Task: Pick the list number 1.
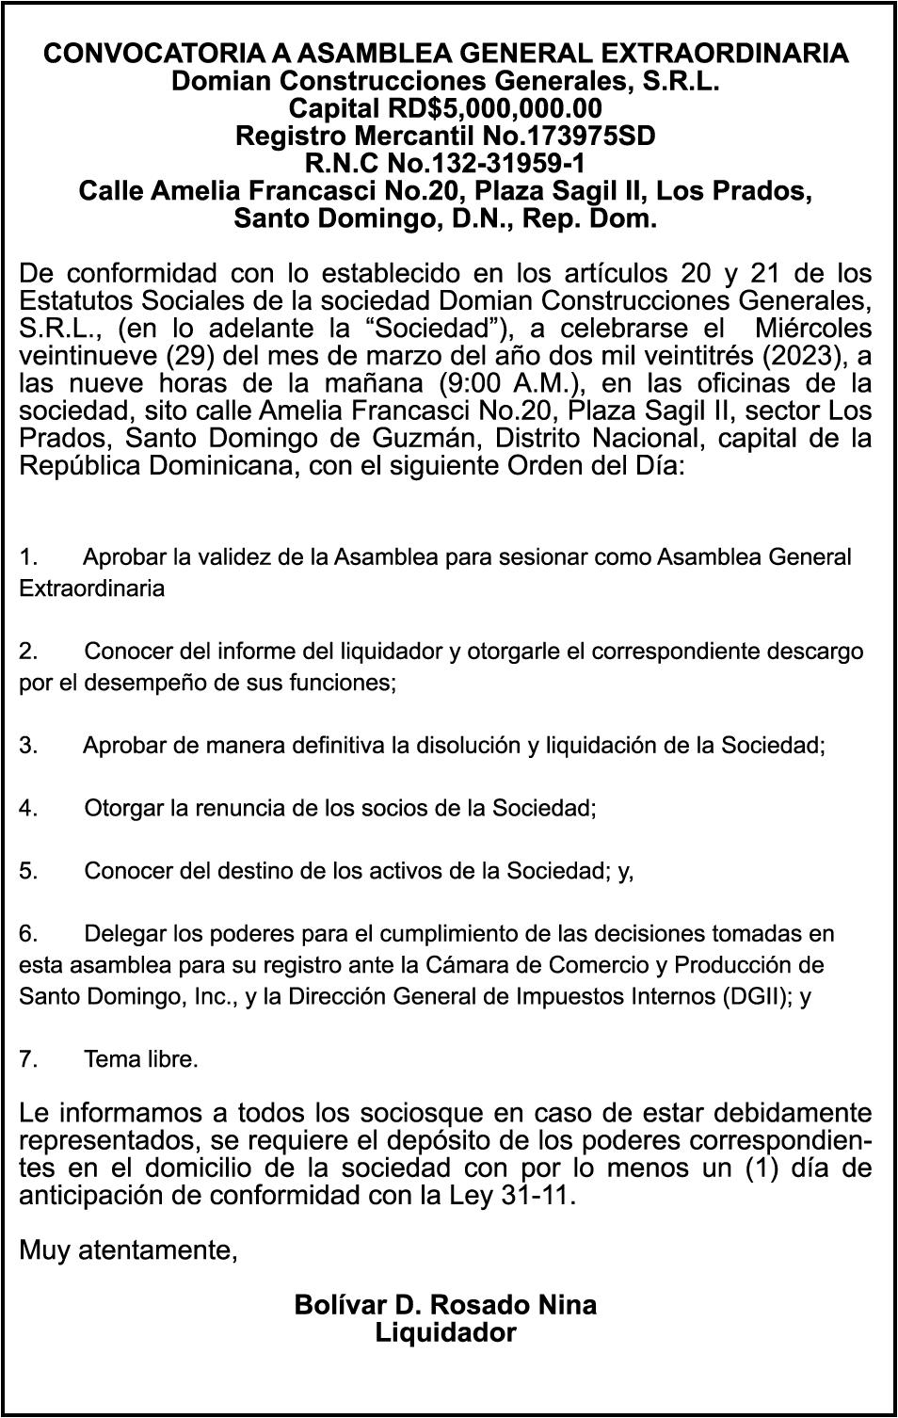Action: [28, 557]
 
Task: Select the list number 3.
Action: [28, 747]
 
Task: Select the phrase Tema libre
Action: [141, 1060]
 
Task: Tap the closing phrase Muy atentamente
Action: [128, 1251]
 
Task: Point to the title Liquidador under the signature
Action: [445, 1333]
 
